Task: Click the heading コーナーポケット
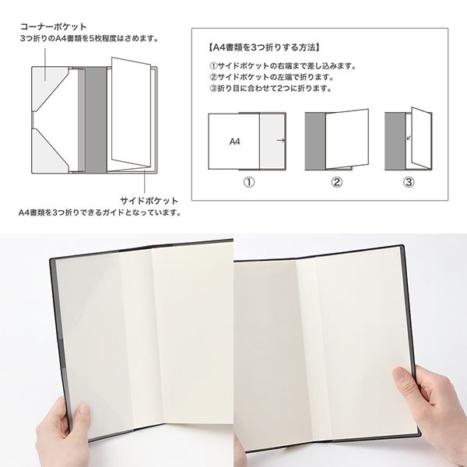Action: pyautogui.click(x=53, y=26)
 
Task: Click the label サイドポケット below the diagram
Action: pyautogui.click(x=149, y=201)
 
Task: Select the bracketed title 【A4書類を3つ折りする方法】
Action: pyautogui.click(x=263, y=47)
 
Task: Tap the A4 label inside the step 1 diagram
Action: pyautogui.click(x=235, y=142)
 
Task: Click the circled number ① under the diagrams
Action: pyautogui.click(x=249, y=182)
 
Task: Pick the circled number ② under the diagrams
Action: pyautogui.click(x=336, y=182)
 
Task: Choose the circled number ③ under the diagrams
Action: pyautogui.click(x=409, y=182)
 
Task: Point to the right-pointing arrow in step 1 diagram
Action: pyautogui.click(x=280, y=140)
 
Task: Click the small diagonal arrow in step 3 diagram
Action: pyautogui.click(x=409, y=138)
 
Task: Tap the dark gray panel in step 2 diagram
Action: pyautogui.click(x=315, y=142)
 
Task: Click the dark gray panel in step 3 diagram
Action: pyautogui.click(x=395, y=142)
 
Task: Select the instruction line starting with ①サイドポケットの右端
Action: pyautogui.click(x=283, y=66)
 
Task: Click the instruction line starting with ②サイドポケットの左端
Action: pyautogui.click(x=272, y=77)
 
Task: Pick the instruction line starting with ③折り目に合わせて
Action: pyautogui.click(x=270, y=89)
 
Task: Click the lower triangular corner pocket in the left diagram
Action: pyautogui.click(x=49, y=151)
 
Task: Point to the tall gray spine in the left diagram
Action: pyautogui.click(x=96, y=120)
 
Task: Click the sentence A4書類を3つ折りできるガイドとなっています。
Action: pyautogui.click(x=100, y=212)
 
